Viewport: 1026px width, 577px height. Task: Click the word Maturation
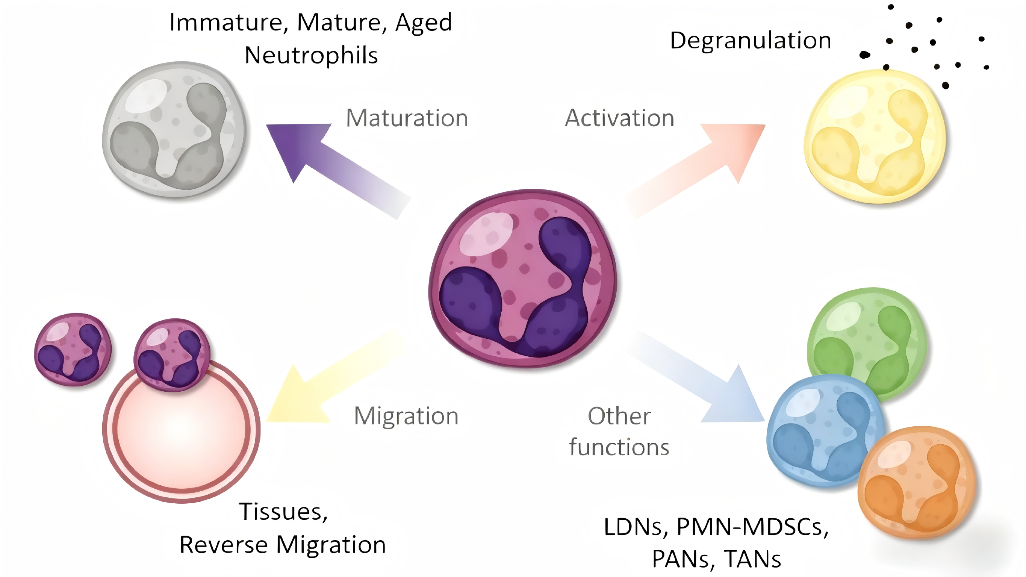pos(407,118)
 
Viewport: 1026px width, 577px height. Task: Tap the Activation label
pos(619,118)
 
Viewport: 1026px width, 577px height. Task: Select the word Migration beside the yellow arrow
pos(406,416)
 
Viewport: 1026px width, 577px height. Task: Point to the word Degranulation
pos(751,41)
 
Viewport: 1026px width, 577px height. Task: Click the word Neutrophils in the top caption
pos(311,55)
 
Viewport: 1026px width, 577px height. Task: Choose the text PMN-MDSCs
pos(752,527)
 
